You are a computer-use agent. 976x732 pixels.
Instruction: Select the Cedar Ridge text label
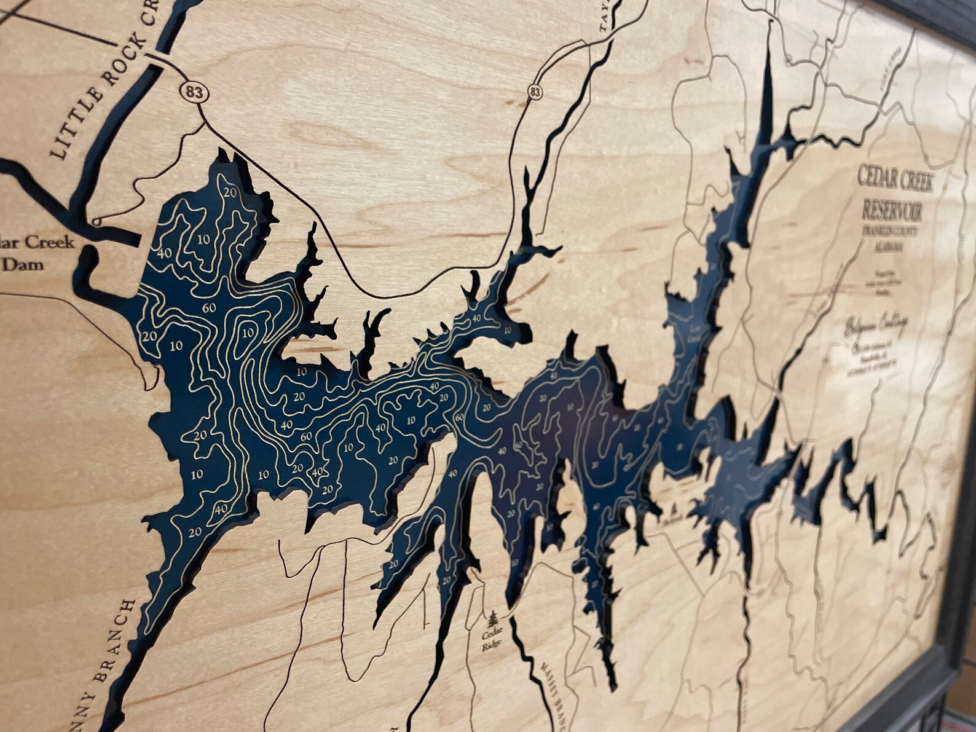(492, 640)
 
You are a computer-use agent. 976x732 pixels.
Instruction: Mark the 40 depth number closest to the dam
(163, 253)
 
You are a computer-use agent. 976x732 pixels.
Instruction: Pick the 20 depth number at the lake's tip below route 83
(231, 192)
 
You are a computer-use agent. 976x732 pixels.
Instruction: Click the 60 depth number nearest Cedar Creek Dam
(208, 308)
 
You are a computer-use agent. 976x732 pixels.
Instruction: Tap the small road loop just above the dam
(96, 221)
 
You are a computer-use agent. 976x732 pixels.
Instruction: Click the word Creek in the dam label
(51, 242)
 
